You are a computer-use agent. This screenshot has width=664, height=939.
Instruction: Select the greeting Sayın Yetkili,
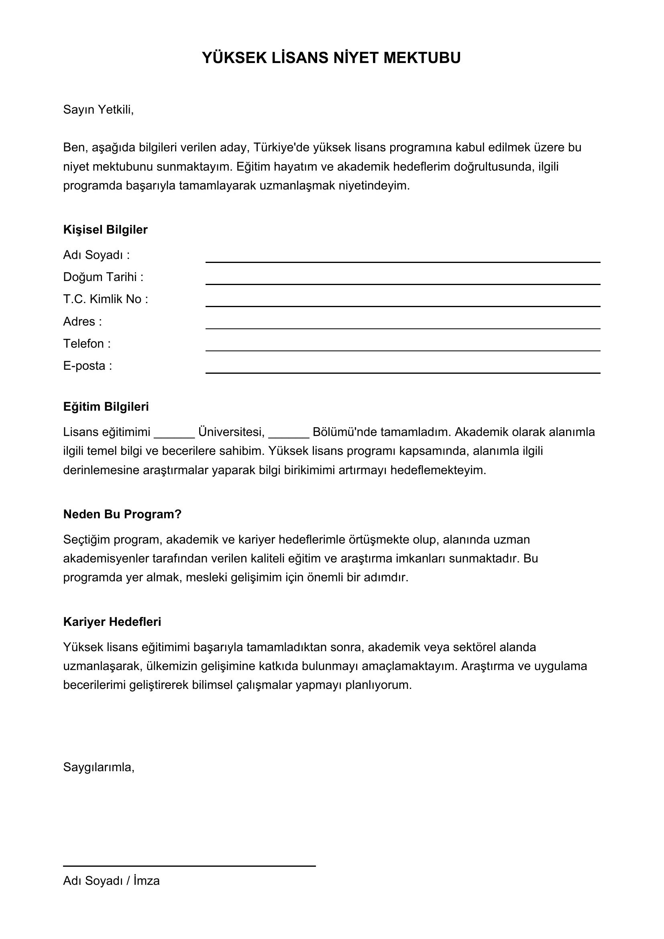pyautogui.click(x=98, y=110)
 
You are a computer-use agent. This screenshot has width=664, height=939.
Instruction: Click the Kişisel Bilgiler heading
pyautogui.click(x=105, y=230)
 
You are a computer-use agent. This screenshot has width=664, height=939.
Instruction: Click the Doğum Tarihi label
pyautogui.click(x=103, y=277)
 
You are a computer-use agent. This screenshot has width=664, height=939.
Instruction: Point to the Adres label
pyautogui.click(x=82, y=322)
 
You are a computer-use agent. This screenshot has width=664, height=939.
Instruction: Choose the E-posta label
pyautogui.click(x=87, y=366)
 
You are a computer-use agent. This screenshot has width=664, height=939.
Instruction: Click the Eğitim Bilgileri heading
pyautogui.click(x=106, y=407)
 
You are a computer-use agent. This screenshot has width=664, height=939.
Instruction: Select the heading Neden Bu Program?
pyautogui.click(x=122, y=514)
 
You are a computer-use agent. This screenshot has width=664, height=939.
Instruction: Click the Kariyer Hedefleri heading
pyautogui.click(x=112, y=621)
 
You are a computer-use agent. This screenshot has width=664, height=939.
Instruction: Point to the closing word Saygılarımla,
pyautogui.click(x=98, y=767)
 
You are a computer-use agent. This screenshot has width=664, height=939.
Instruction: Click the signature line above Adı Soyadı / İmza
pyautogui.click(x=189, y=866)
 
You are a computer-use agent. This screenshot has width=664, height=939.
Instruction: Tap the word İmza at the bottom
pyautogui.click(x=147, y=880)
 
